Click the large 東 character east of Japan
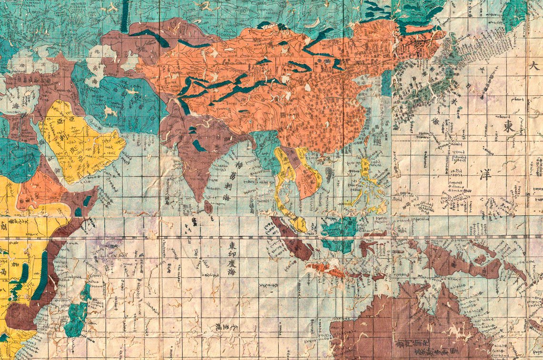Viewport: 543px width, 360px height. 509,127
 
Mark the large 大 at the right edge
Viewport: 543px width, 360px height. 534,67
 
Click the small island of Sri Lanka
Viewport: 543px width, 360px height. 208,207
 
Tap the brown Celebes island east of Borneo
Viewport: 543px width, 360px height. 370,248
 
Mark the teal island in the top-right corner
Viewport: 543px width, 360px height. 514,14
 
